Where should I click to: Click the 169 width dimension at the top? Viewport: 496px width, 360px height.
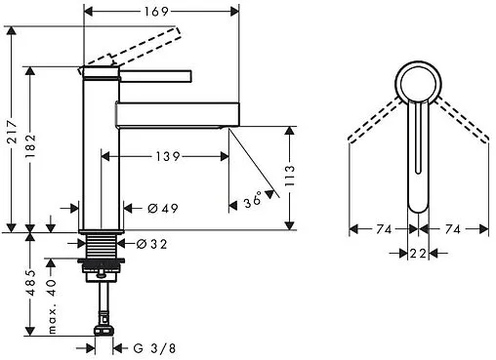[x=156, y=12]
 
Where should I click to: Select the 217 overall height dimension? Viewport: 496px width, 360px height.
[x=13, y=132]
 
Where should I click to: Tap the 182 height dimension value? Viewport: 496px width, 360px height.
[x=30, y=146]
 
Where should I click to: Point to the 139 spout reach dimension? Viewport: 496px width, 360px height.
[x=168, y=157]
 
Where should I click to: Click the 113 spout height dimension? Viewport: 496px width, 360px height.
[x=289, y=176]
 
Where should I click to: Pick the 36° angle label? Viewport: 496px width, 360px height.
[x=253, y=200]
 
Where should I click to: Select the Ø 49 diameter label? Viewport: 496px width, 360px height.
[x=163, y=208]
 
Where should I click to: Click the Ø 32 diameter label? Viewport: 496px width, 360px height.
[x=151, y=244]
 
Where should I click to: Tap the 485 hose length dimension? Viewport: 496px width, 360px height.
[x=30, y=283]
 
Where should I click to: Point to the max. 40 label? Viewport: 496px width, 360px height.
[x=52, y=306]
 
